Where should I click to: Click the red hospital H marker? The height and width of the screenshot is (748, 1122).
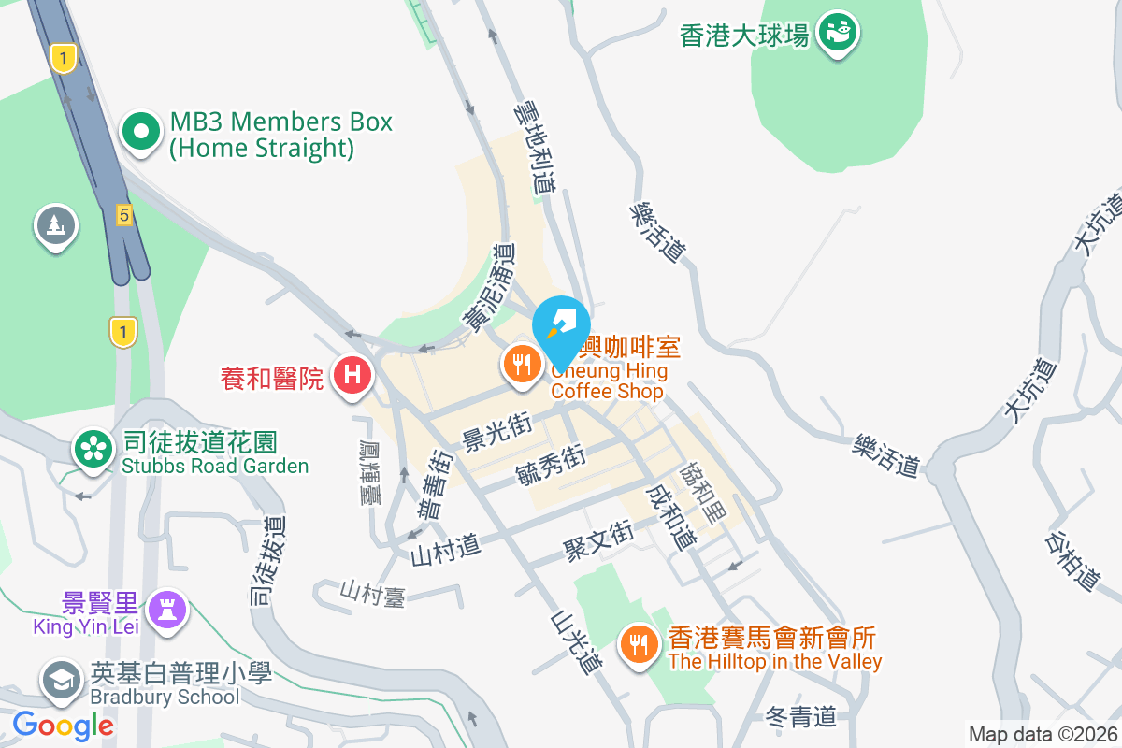tap(352, 376)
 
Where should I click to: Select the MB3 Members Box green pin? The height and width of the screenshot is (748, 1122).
tap(141, 134)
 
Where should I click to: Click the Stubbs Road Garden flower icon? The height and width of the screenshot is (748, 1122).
tap(93, 448)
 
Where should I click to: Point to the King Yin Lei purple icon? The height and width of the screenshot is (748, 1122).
tap(168, 609)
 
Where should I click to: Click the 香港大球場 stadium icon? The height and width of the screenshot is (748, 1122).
tap(837, 34)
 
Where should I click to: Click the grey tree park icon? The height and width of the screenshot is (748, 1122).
tap(56, 225)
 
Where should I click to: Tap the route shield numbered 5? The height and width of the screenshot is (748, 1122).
tap(123, 215)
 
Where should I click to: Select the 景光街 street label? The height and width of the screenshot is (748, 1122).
tap(496, 432)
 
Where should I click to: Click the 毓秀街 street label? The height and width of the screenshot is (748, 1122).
tap(550, 465)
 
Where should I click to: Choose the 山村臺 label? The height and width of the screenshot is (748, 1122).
tap(372, 593)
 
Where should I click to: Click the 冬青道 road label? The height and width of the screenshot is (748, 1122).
tap(800, 717)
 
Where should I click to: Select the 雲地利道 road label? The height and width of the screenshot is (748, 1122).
tap(534, 150)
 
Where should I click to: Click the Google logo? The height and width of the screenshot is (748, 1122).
tap(63, 725)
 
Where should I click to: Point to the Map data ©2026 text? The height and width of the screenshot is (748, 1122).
tap(1042, 735)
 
